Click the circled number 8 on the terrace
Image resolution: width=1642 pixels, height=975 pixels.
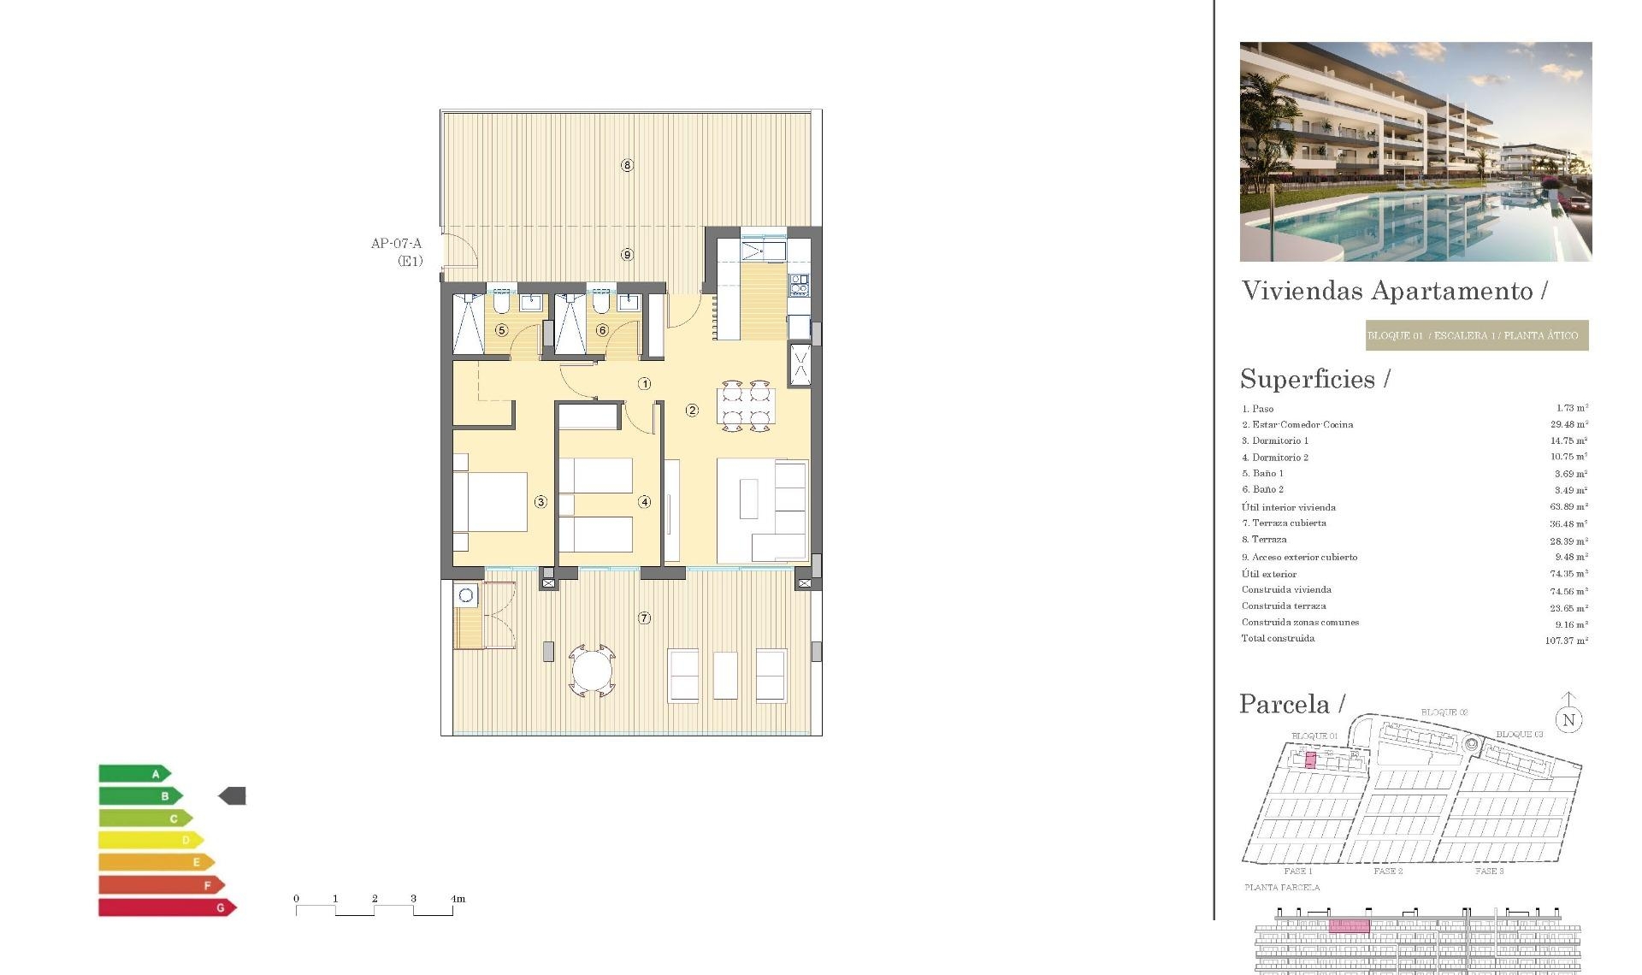click(627, 165)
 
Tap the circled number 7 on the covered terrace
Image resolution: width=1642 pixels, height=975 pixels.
click(644, 617)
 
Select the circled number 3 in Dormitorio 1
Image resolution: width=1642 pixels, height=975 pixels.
click(540, 502)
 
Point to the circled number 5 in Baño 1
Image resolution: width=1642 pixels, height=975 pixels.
click(502, 330)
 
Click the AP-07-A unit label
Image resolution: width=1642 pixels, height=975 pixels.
click(396, 244)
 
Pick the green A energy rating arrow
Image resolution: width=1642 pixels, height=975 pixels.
click(134, 774)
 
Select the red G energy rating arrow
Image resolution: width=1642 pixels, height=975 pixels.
click(166, 907)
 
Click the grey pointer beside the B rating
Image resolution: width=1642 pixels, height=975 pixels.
click(233, 796)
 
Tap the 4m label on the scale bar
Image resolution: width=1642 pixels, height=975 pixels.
click(458, 899)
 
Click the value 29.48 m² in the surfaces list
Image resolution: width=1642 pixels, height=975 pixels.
click(1568, 424)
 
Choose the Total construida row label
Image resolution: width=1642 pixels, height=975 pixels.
click(1278, 639)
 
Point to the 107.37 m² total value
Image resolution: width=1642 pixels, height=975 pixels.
click(1566, 641)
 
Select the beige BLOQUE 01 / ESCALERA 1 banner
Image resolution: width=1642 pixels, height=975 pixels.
click(1476, 335)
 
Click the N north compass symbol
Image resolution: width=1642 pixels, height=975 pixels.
click(1568, 719)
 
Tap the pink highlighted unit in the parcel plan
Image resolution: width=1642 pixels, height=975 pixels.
click(1310, 760)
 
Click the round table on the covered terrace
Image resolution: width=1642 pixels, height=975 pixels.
click(592, 671)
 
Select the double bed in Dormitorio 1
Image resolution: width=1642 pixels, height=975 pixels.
click(493, 502)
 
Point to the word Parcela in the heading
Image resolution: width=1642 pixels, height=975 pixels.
click(1285, 704)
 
